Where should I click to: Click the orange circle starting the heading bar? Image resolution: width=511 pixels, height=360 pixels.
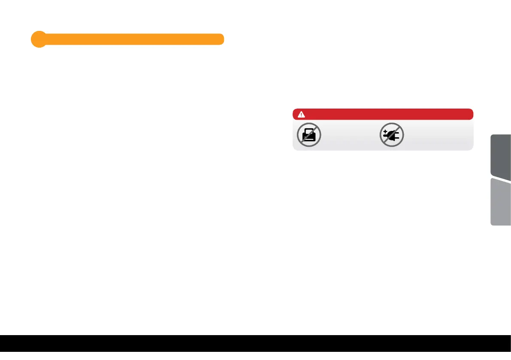coord(38,39)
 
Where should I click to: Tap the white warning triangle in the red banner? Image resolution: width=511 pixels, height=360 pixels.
coord(301,114)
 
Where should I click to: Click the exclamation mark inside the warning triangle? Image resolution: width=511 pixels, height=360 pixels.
coord(301,115)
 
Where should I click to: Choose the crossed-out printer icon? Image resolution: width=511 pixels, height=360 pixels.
coord(309,135)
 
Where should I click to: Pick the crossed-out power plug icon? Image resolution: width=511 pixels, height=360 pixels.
coord(391,135)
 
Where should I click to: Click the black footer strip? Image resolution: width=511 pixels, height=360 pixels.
coord(255,347)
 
